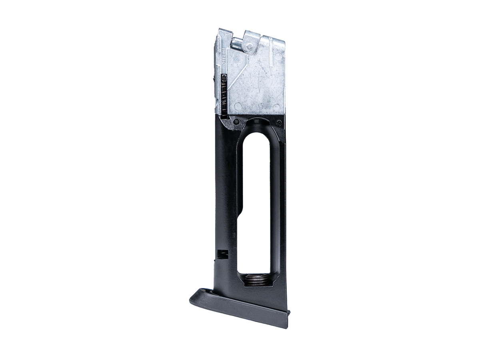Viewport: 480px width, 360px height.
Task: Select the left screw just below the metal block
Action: click(236, 122)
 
